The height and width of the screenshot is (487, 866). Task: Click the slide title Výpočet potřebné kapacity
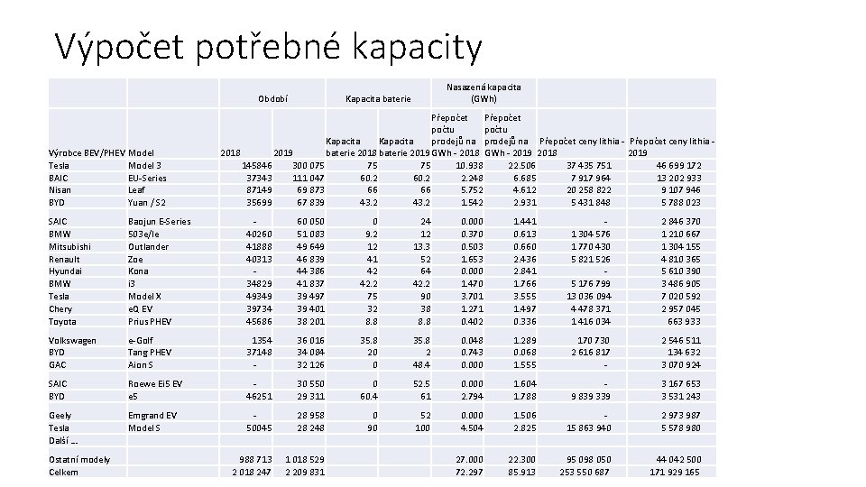point(269,46)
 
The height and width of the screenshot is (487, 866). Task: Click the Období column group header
point(272,98)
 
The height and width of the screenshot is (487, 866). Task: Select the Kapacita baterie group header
point(379,98)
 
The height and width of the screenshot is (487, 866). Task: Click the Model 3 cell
point(145,165)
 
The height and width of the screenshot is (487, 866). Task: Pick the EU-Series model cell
point(149,178)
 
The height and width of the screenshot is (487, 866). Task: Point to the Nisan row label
point(60,190)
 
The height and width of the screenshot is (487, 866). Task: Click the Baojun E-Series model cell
point(160,221)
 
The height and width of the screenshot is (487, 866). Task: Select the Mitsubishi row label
point(69,246)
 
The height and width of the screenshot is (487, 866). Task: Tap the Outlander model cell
point(149,246)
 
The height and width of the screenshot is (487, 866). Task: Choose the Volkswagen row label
point(72,340)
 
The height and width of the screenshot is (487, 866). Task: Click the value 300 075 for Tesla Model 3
point(305,165)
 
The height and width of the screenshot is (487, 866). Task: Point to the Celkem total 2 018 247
point(252,472)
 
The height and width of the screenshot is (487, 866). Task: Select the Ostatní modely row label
point(79,459)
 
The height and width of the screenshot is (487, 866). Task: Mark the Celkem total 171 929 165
point(668,472)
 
